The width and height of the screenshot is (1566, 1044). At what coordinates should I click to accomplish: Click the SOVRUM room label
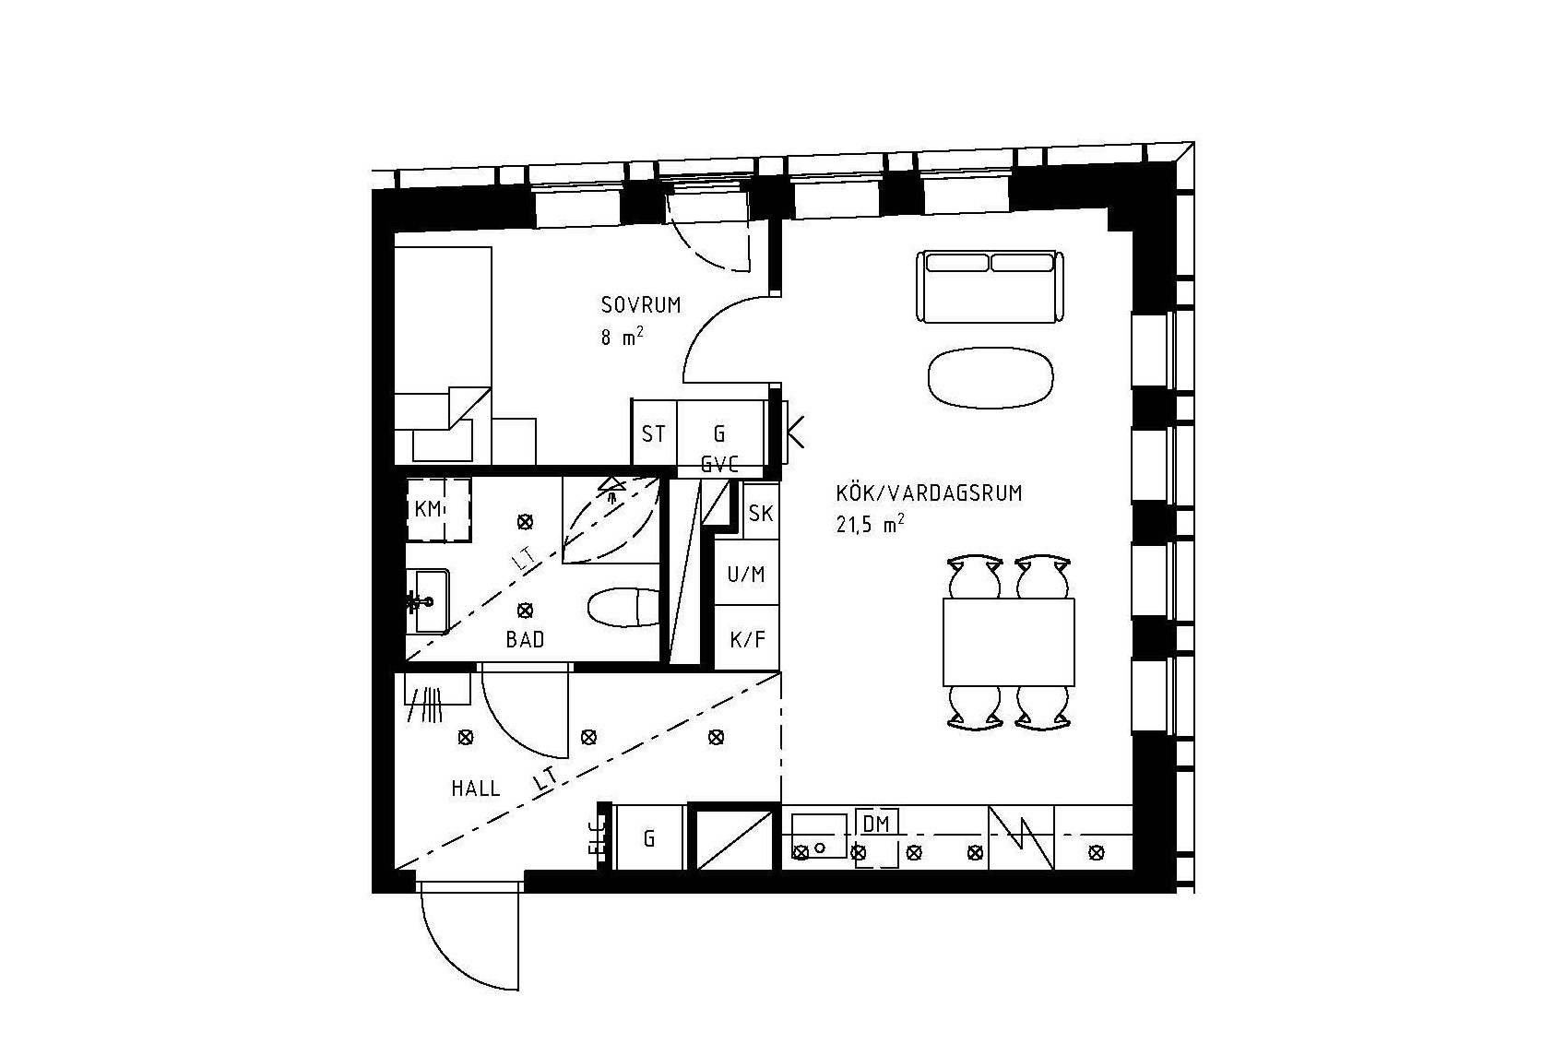click(x=640, y=305)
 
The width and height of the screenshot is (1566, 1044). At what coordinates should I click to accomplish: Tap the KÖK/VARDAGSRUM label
click(x=929, y=493)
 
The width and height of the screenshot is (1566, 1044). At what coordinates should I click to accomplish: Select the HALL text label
click(x=476, y=789)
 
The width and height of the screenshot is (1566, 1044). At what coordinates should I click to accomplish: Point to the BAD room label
click(x=525, y=639)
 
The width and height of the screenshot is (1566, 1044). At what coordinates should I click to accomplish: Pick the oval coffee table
click(x=990, y=376)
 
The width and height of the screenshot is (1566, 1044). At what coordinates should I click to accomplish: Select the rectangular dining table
click(x=1009, y=642)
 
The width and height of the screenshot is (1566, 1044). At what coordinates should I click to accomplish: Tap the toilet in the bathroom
click(x=623, y=608)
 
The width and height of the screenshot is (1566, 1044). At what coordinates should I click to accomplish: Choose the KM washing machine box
click(x=429, y=509)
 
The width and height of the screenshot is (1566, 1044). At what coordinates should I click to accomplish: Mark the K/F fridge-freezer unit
click(x=747, y=638)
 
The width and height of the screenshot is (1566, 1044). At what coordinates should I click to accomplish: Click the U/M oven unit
click(x=746, y=575)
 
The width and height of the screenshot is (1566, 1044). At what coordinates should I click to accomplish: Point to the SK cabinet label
click(x=761, y=514)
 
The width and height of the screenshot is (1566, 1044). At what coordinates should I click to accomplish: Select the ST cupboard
click(x=654, y=433)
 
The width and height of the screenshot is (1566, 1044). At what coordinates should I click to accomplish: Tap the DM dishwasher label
click(x=876, y=823)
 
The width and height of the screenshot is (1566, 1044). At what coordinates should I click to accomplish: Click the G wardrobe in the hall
click(x=649, y=838)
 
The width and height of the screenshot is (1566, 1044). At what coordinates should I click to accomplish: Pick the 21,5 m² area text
click(x=867, y=525)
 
